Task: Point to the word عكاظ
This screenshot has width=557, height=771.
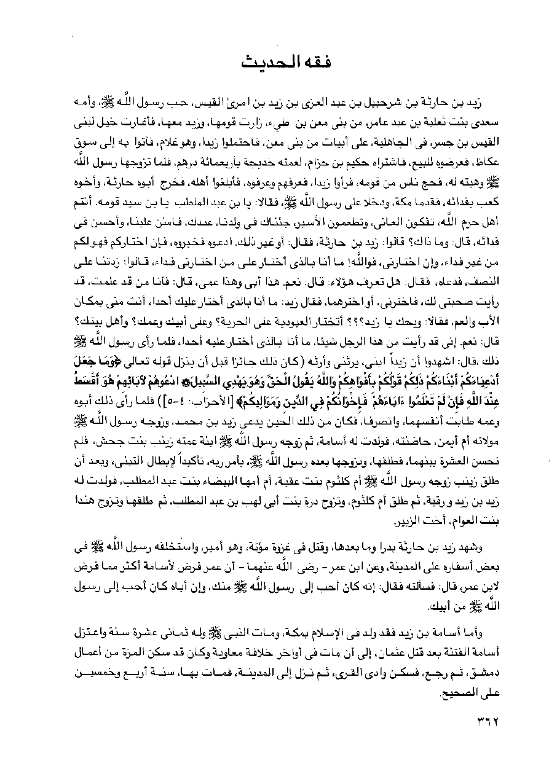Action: coord(484,165)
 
